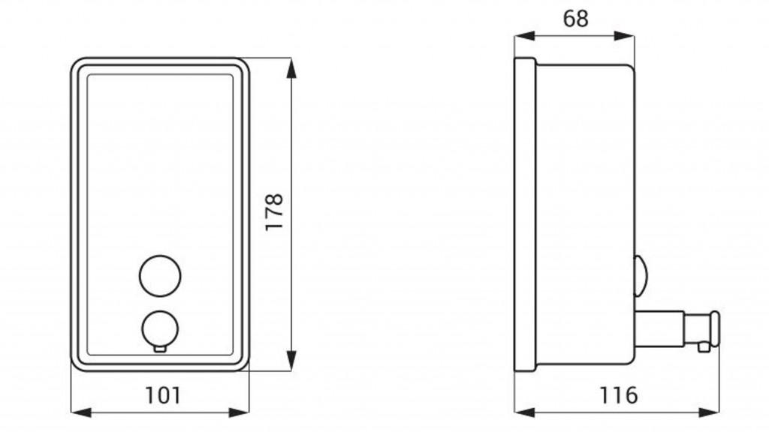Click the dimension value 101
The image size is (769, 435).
pyautogui.click(x=163, y=394)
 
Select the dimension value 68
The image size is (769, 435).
pyautogui.click(x=575, y=19)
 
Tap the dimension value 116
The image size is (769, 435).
pyautogui.click(x=619, y=394)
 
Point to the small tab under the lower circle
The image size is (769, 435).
pyautogui.click(x=160, y=349)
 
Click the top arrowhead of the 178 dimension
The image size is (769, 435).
pyautogui.click(x=292, y=68)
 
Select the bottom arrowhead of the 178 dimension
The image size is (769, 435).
pyautogui.click(x=292, y=361)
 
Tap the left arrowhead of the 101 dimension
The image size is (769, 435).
pyautogui.click(x=81, y=412)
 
